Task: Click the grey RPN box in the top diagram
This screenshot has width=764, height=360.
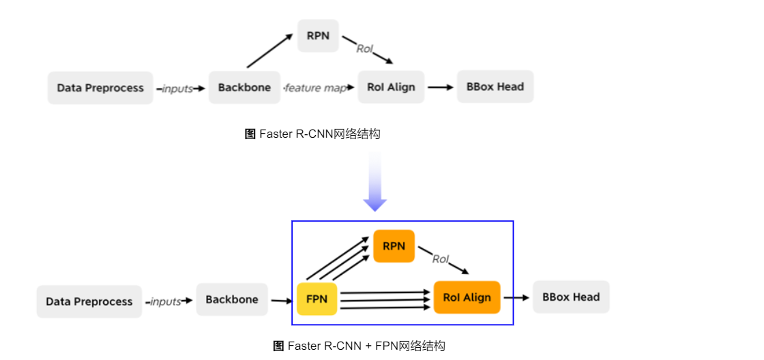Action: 318,35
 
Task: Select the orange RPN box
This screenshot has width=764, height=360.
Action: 394,246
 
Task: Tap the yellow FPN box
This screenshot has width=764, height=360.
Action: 317,299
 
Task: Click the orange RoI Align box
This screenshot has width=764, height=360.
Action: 467,297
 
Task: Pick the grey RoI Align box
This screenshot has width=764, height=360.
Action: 391,87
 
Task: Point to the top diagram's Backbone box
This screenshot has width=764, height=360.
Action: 244,87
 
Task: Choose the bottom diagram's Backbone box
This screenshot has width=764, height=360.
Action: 232,299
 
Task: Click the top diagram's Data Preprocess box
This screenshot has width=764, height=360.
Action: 100,88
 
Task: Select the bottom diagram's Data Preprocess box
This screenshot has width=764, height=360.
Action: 89,301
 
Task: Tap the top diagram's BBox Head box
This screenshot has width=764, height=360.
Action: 495,87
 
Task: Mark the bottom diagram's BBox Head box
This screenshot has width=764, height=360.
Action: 571,297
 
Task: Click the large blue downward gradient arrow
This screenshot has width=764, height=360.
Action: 375,181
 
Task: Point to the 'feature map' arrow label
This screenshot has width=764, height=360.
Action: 316,88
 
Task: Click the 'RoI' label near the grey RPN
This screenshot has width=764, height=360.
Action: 365,48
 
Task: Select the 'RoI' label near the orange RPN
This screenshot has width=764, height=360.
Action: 441,259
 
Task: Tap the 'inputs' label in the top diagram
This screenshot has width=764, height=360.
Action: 177,89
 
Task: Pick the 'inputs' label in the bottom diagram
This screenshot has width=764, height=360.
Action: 166,301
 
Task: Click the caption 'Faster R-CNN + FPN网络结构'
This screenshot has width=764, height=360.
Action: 359,346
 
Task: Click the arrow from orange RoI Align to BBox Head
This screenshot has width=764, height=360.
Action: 516,297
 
